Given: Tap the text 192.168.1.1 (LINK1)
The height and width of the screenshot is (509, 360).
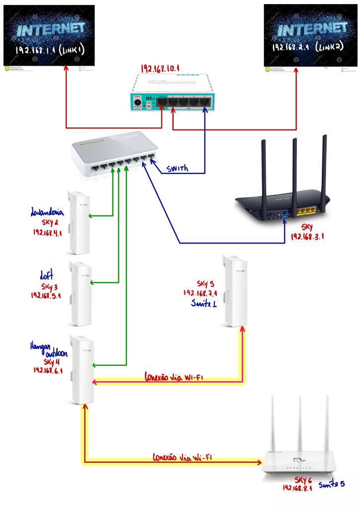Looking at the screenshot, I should [x=48, y=49].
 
